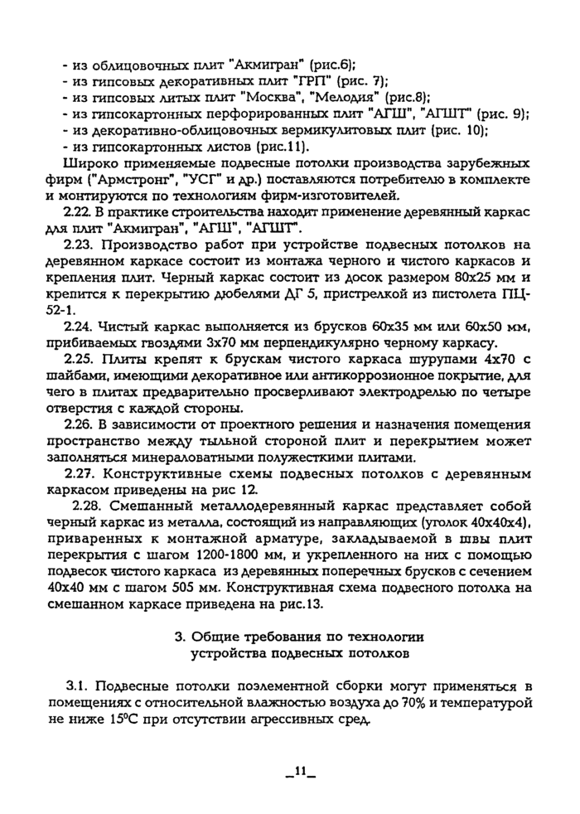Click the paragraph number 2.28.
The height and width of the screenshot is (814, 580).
(x=87, y=505)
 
